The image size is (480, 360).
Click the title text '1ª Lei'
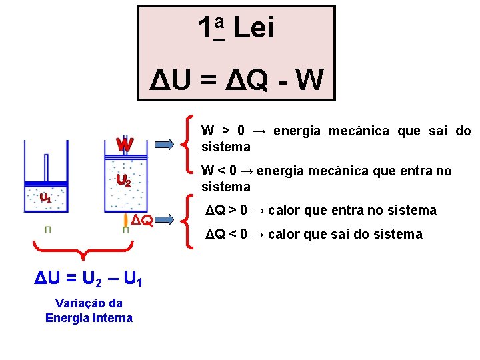235,29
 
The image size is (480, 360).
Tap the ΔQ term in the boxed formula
246,80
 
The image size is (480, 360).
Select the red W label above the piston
124,144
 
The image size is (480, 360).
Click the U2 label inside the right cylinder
123,180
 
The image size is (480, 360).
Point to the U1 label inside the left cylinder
45,197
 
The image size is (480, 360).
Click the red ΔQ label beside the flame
141,220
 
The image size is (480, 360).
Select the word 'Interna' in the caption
112,318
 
